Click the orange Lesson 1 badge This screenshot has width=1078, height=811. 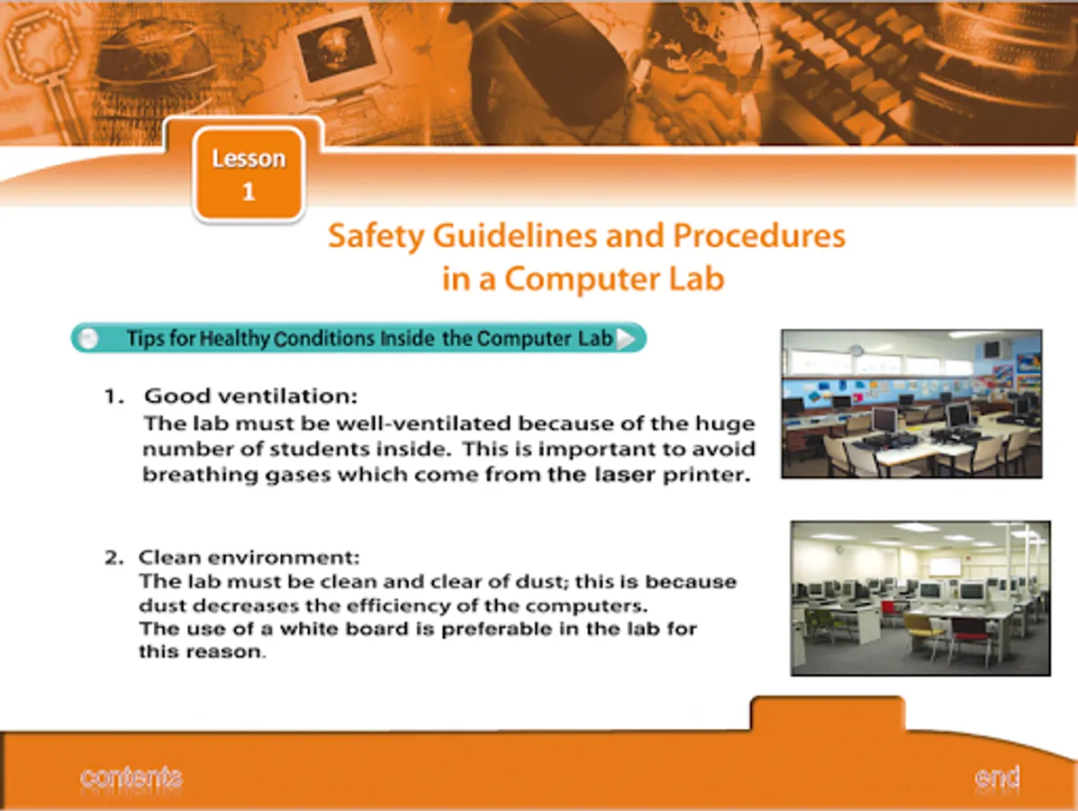249,175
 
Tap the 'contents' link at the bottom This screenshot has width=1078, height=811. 131,778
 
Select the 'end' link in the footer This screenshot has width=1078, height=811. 997,778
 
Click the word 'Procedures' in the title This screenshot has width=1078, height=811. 759,236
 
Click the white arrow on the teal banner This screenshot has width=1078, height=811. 626,339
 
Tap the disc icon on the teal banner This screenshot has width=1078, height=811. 87,339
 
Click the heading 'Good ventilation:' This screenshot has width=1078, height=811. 251,396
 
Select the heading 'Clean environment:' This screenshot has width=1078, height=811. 249,557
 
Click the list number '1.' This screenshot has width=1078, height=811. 114,396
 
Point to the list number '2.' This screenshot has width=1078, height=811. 114,557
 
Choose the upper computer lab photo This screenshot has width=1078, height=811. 911,404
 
